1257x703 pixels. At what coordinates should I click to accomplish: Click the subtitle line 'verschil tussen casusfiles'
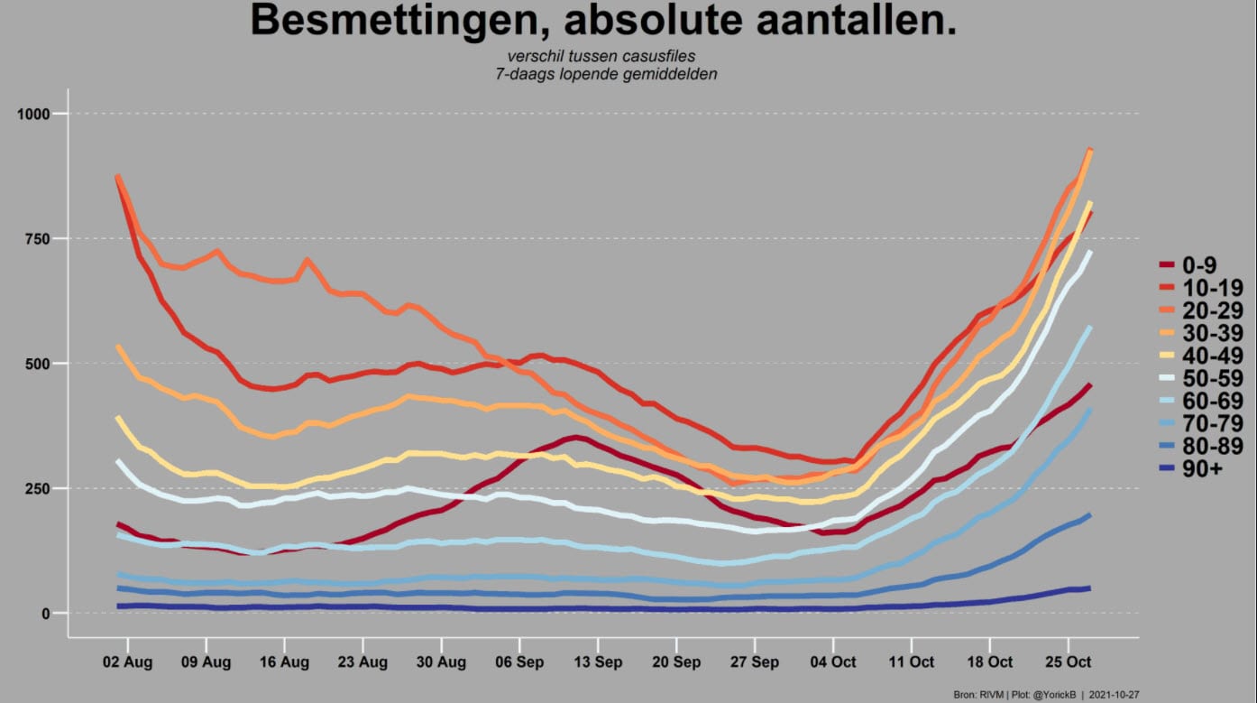click(x=601, y=56)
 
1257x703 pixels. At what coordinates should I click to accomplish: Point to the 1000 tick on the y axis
click(x=33, y=114)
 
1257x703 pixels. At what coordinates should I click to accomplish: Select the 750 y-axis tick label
click(x=38, y=239)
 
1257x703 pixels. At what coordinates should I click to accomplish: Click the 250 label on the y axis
click(x=38, y=489)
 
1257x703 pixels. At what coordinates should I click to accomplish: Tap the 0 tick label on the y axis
click(x=46, y=614)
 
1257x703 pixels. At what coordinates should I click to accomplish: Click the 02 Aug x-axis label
click(x=127, y=662)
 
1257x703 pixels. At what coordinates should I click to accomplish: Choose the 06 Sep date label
click(x=519, y=662)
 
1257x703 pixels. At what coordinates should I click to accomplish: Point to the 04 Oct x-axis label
click(x=833, y=662)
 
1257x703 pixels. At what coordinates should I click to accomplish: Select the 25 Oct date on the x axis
click(x=1068, y=662)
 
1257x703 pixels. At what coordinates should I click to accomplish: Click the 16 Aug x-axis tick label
click(x=284, y=662)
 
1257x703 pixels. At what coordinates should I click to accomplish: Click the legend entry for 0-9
click(x=1188, y=265)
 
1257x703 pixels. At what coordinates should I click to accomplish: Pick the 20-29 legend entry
click(x=1201, y=310)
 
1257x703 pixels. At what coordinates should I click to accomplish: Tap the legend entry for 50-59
click(x=1201, y=378)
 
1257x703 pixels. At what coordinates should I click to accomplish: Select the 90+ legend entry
click(x=1191, y=469)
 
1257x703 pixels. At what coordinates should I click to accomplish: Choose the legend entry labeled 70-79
click(x=1201, y=423)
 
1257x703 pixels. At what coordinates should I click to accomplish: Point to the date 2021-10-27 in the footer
click(x=1114, y=695)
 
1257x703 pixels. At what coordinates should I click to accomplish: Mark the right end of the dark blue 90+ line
click(x=1090, y=587)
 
